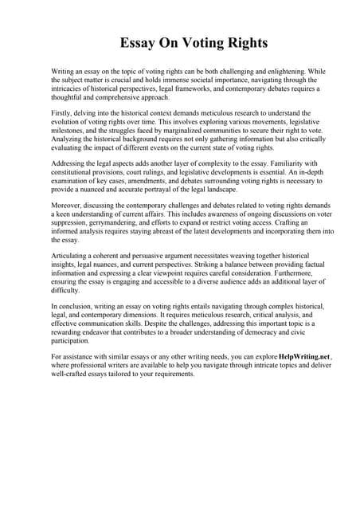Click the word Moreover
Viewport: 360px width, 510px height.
click(x=68, y=204)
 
